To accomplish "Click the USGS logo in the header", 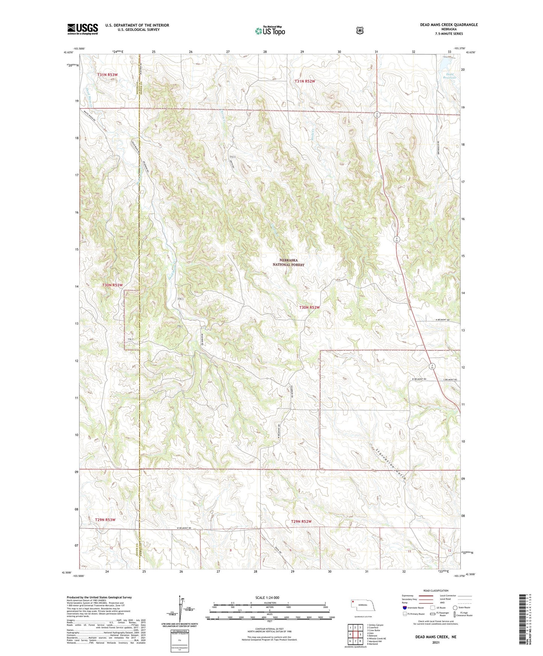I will click(83, 29).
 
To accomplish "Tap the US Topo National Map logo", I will click(270, 31).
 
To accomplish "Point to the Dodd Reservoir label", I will click(449, 76).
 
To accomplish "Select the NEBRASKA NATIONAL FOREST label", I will click(288, 262).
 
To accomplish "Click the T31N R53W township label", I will click(107, 75).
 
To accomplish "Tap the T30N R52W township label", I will click(309, 307).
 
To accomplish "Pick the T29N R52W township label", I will click(301, 521).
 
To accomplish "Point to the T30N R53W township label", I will click(112, 285).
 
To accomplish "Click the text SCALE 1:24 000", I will click(267, 597).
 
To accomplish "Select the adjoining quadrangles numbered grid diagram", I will click(355, 635).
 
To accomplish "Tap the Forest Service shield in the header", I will click(360, 30).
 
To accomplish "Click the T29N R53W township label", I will click(105, 520).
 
